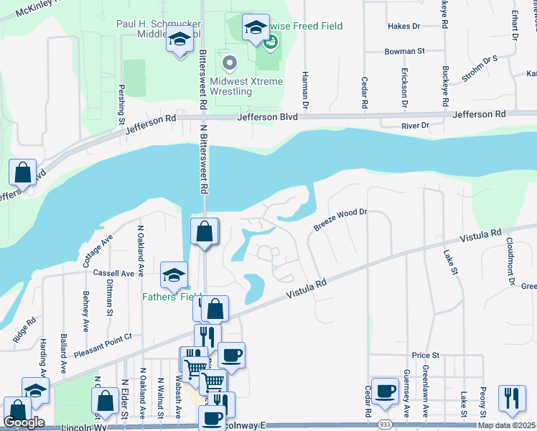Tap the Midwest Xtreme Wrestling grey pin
click(x=230, y=63)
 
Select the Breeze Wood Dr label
click(x=340, y=219)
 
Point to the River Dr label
click(x=416, y=126)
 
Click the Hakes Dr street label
click(x=403, y=27)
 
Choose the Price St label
click(x=425, y=356)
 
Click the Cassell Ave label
click(x=114, y=274)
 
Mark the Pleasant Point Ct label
click(x=103, y=346)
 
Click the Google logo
click(x=24, y=422)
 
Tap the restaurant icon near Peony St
click(x=512, y=398)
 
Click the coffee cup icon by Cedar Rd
click(x=385, y=390)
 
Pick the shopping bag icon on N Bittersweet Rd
click(x=205, y=232)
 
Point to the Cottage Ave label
click(x=98, y=249)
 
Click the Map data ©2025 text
click(x=506, y=425)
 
